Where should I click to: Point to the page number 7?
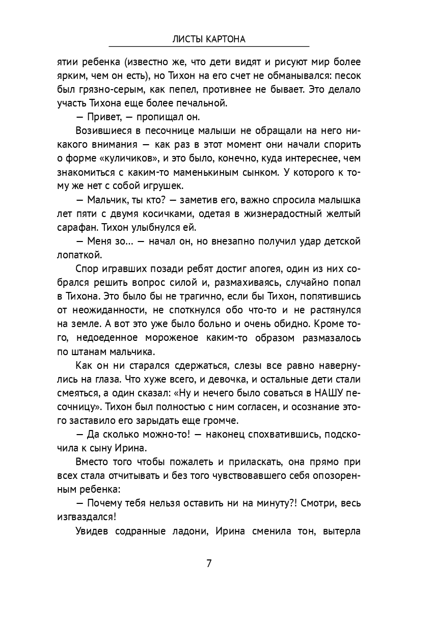coord(209,564)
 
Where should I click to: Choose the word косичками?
coord(163,213)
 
